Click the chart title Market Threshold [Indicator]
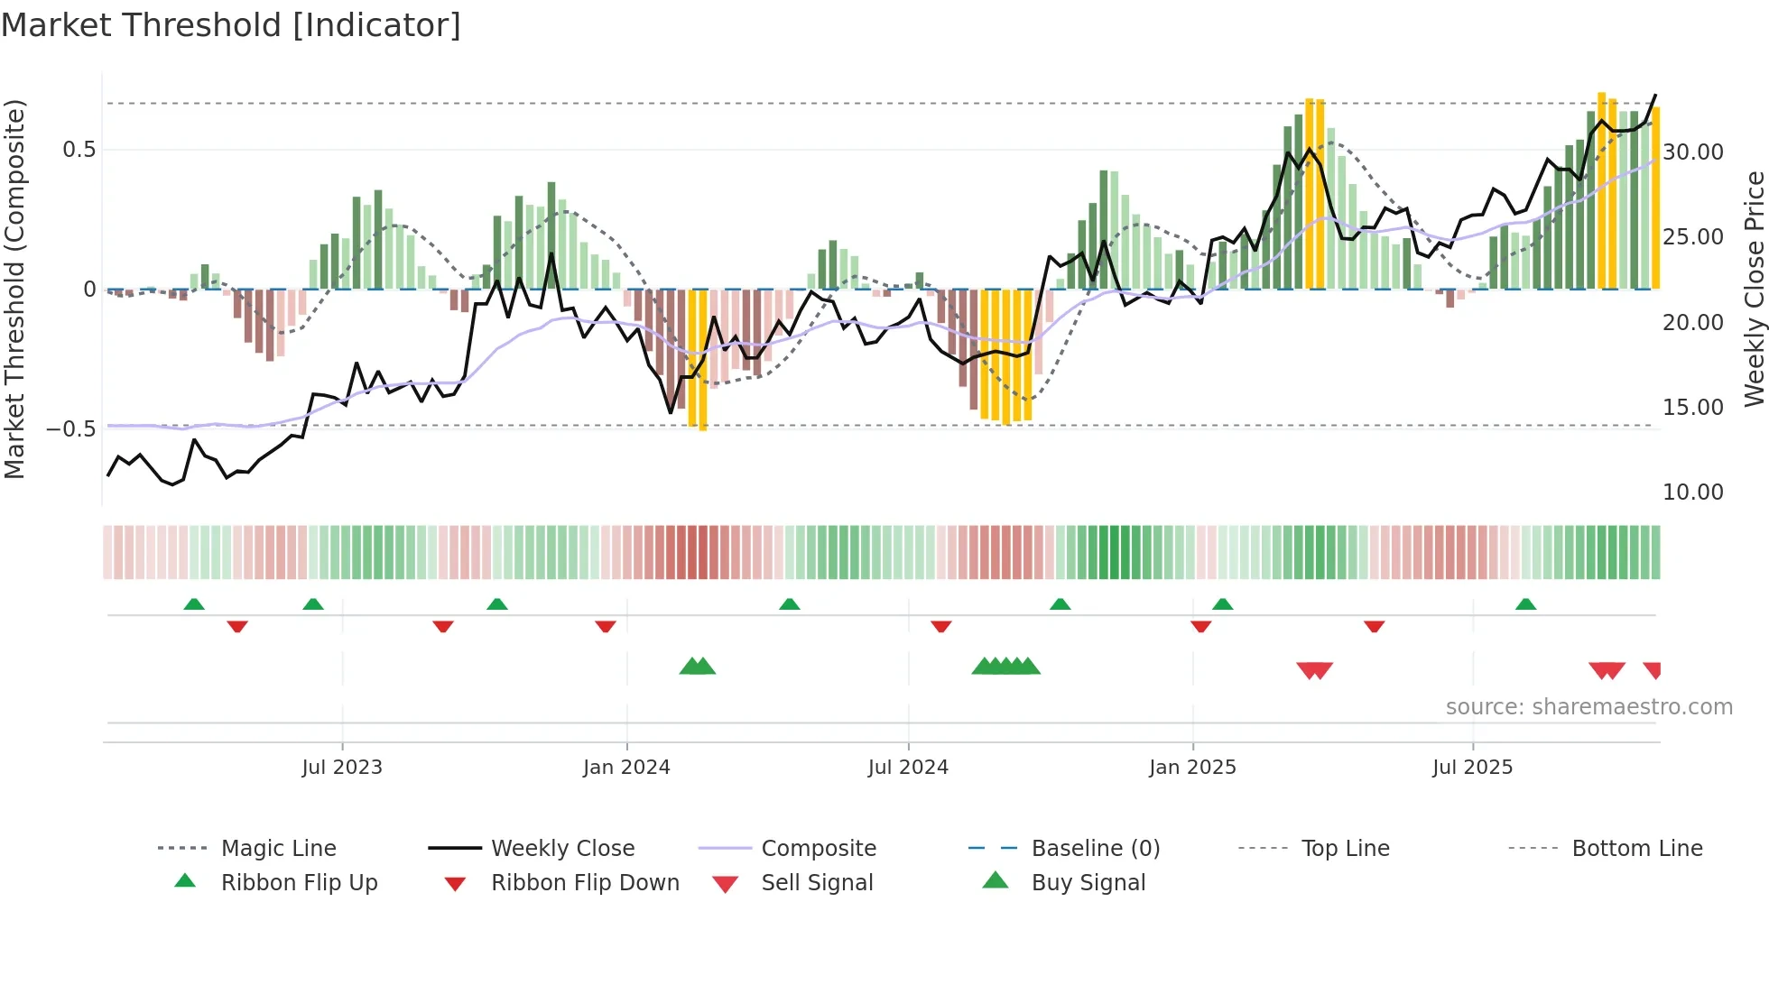coord(231,25)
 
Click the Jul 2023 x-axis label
coord(342,767)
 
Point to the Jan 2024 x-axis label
coord(626,767)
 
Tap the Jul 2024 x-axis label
coord(908,767)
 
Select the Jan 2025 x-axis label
coord(1192,767)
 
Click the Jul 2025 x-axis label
coord(1472,767)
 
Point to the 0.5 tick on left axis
coord(79,150)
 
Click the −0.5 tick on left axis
coord(71,428)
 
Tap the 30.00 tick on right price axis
coord(1693,152)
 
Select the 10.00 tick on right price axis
coord(1693,492)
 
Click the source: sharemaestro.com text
coord(1588,706)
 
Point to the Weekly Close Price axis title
coord(1754,289)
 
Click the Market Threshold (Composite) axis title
coord(14,289)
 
